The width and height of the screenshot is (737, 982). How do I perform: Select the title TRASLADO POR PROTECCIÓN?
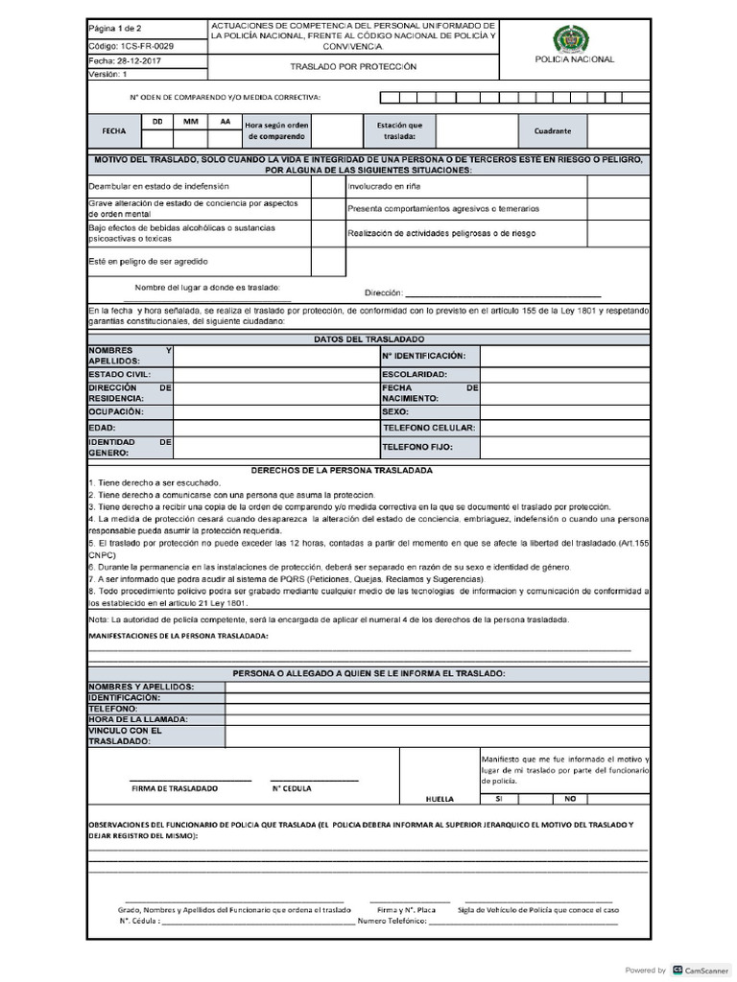point(354,67)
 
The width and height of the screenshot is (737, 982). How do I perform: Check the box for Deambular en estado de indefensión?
point(327,185)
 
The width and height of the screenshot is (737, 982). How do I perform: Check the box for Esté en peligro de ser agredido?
point(327,261)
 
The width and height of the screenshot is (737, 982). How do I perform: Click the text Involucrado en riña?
point(384,186)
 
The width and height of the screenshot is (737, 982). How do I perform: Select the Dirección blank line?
point(504,293)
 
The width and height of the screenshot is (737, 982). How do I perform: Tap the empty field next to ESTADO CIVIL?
point(275,374)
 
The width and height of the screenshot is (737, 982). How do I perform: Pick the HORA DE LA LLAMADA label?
point(137,718)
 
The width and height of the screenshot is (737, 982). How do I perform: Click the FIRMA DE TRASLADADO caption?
point(174,788)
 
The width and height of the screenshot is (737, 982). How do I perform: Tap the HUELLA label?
point(440,798)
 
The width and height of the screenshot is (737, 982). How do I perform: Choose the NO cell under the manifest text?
point(569,798)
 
